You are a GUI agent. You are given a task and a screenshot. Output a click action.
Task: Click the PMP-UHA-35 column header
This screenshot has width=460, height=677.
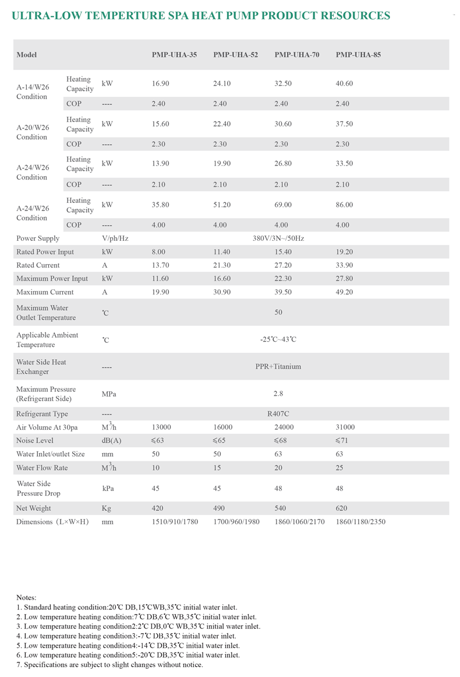click(174, 55)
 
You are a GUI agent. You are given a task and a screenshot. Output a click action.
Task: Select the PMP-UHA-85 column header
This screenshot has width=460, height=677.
click(358, 55)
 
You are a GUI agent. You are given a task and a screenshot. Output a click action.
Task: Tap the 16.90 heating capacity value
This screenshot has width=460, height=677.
click(160, 84)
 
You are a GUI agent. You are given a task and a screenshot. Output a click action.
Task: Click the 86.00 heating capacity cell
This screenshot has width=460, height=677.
click(345, 205)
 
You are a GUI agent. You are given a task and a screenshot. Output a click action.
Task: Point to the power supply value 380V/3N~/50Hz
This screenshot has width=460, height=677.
click(278, 238)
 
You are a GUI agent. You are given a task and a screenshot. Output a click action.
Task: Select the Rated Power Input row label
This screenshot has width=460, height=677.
click(45, 252)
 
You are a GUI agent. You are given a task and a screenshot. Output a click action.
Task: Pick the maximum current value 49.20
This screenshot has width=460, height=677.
click(345, 292)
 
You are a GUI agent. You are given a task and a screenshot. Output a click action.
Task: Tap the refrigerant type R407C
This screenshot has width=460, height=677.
click(278, 414)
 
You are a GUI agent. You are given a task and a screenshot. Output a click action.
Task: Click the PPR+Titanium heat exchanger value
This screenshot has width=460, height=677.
click(278, 367)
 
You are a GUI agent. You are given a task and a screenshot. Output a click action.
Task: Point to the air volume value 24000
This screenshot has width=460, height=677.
click(285, 427)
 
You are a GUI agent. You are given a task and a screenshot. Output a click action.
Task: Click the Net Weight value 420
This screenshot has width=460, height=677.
click(157, 508)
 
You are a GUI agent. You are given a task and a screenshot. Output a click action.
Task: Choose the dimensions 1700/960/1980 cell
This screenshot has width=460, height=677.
click(236, 522)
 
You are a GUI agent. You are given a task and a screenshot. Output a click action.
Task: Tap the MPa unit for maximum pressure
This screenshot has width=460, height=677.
click(109, 394)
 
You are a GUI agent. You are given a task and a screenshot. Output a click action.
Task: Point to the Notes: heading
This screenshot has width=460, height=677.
click(26, 598)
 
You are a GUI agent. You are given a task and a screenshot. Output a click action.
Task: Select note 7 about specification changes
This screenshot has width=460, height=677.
click(109, 665)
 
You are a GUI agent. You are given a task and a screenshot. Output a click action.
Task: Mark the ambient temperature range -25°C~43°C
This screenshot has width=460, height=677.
click(278, 339)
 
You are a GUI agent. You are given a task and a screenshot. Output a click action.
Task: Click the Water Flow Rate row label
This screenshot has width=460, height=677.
click(41, 468)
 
